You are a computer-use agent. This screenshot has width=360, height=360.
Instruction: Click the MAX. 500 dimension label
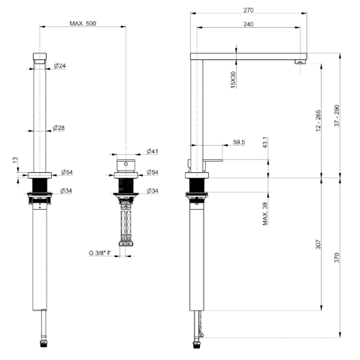click(83, 23)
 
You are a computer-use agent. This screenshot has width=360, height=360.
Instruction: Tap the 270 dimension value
click(248, 11)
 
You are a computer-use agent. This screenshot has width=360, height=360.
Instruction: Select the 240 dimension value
click(248, 24)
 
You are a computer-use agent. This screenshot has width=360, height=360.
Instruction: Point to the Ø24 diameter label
click(59, 66)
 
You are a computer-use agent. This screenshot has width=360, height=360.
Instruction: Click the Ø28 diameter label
click(59, 128)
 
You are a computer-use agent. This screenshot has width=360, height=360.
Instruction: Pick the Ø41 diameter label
click(153, 151)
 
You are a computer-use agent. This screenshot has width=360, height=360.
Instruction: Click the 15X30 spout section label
click(233, 80)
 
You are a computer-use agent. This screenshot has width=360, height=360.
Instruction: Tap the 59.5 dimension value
click(239, 142)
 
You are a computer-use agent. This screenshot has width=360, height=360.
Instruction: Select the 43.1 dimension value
click(265, 142)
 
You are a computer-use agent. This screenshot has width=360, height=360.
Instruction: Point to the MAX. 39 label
click(265, 213)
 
